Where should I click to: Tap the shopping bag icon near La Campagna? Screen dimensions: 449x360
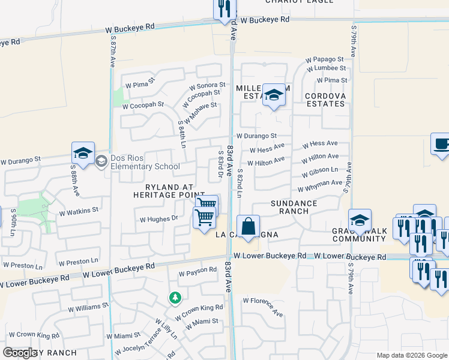click(x=248, y=227)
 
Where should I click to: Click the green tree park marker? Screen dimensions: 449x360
click(x=175, y=297)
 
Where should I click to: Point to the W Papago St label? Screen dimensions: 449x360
click(x=324, y=60)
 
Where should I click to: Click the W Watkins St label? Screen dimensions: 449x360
click(x=79, y=211)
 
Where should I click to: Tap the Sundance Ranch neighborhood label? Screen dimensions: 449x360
click(x=294, y=207)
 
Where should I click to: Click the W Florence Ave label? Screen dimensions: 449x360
click(x=262, y=305)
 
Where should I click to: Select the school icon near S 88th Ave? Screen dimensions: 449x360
click(x=83, y=153)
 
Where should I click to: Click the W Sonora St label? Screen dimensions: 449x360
click(x=206, y=86)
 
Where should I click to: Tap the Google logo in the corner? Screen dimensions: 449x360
click(x=20, y=353)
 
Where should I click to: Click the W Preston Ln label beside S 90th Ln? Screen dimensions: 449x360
click(x=19, y=265)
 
